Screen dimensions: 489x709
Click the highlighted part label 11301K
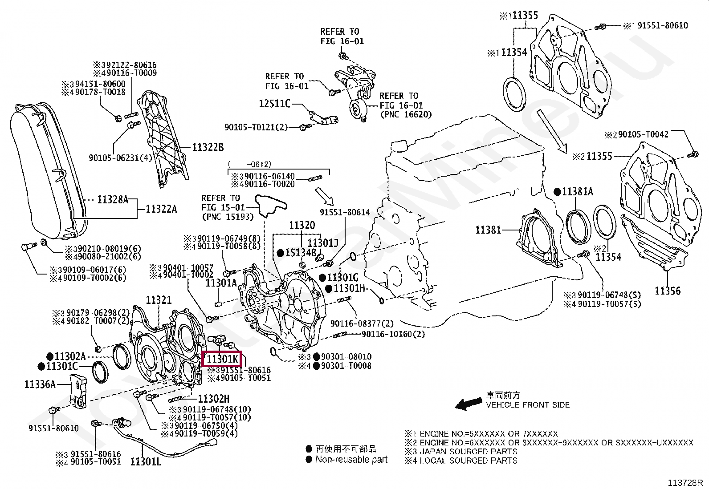222,359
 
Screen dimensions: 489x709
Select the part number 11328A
112,200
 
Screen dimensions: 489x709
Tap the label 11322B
208,147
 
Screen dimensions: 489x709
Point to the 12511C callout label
274,104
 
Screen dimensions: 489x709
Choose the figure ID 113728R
685,482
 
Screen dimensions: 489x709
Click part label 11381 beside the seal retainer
488,230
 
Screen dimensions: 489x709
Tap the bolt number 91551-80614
345,212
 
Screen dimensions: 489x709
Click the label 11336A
40,384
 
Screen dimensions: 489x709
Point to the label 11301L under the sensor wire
146,462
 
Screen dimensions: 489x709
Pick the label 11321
159,300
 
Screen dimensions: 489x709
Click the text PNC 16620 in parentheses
406,115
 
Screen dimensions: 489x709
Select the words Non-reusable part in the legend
351,459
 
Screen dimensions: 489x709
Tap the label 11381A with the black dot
577,192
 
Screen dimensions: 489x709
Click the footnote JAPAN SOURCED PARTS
469,451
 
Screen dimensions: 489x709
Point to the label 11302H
214,399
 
